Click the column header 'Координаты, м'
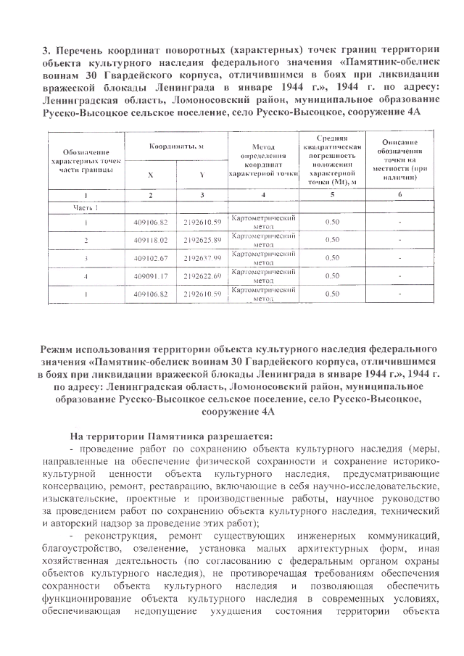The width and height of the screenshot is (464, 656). [x=176, y=146]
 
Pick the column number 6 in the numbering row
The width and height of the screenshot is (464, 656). [x=400, y=195]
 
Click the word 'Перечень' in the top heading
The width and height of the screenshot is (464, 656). [x=78, y=51]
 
